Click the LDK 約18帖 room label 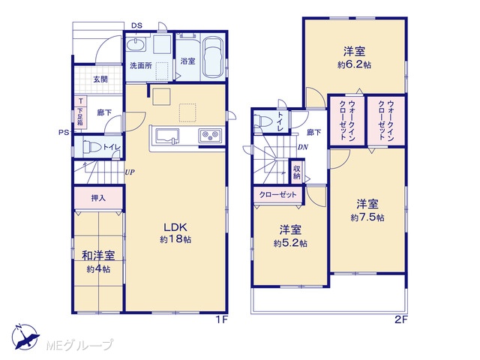tap(175, 232)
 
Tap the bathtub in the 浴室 tap(213, 58)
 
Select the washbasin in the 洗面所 tap(136, 45)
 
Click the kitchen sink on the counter tap(167, 136)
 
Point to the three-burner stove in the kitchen tap(210, 135)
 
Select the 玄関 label tap(100, 79)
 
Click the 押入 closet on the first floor tap(98, 198)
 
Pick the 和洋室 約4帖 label tap(98, 262)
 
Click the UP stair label tap(130, 172)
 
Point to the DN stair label tap(303, 147)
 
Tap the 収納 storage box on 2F tap(297, 172)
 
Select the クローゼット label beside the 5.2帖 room tap(278, 195)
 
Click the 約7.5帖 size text tap(367, 217)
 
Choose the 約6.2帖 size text tap(354, 65)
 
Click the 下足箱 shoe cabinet tap(80, 117)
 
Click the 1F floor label tap(222, 320)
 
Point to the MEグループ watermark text tap(79, 345)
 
